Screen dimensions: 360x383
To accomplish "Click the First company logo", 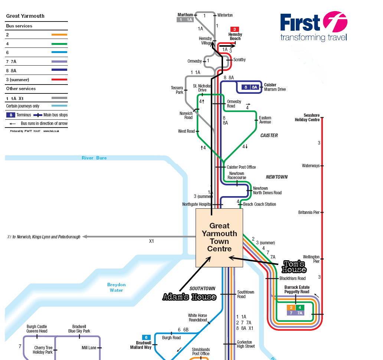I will (314, 27).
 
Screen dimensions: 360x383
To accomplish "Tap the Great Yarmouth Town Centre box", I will (219, 237).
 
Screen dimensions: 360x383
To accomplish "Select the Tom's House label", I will (294, 266).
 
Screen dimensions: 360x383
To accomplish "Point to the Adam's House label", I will (189, 297).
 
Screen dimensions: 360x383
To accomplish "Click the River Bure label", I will (94, 158).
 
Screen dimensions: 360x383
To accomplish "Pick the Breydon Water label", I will (117, 287).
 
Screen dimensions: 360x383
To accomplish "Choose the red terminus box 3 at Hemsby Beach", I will (235, 29).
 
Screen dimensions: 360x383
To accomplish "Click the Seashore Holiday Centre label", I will (307, 118).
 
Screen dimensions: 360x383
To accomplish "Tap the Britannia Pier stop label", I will (309, 212).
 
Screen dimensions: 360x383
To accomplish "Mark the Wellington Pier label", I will (311, 259).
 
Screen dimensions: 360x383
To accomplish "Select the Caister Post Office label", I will (241, 167).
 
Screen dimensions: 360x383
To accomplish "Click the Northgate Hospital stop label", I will (196, 204).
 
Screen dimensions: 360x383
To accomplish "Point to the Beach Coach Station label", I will (259, 204).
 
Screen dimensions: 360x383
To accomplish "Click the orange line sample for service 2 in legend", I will (59, 35).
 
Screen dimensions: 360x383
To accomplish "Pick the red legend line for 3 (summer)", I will (59, 79).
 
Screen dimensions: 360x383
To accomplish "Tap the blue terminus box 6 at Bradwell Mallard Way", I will (146, 337).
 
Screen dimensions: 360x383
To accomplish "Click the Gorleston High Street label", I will (246, 344).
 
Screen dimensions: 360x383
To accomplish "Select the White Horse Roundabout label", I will (197, 318).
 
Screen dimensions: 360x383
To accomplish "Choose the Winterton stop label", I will (225, 15).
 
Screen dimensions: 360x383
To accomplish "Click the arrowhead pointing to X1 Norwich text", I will (84, 237).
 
